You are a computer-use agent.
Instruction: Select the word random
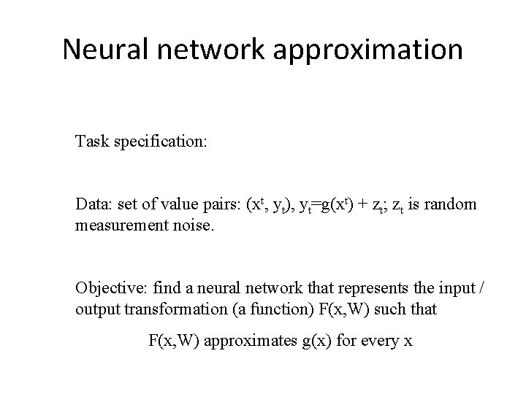(453, 204)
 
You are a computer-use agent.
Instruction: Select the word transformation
(167, 308)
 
